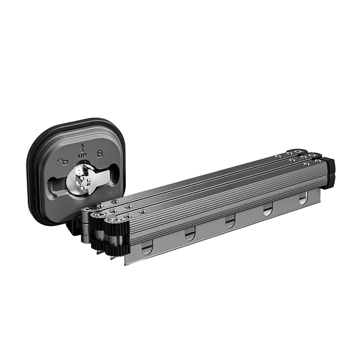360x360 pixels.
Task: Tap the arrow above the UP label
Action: point(82,148)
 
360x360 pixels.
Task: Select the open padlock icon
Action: point(63,162)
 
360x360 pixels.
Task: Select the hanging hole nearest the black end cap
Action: point(303,198)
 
